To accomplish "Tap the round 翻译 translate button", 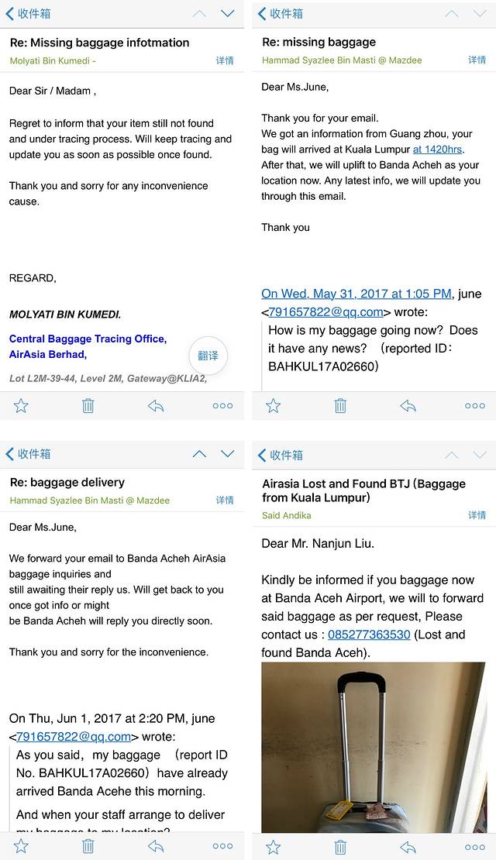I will (x=208, y=356).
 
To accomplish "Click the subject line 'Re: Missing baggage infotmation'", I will (x=99, y=43).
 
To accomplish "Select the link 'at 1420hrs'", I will (x=438, y=149).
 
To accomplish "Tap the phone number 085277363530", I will (x=369, y=635).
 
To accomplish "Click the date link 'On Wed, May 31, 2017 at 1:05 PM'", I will (x=356, y=294).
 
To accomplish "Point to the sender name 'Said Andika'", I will (x=287, y=515).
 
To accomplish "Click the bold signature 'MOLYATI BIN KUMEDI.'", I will (x=65, y=315).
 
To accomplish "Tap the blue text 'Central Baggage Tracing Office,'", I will (x=88, y=339).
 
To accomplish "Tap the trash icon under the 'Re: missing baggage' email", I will (x=340, y=405).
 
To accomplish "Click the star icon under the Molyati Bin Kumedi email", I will (x=21, y=405).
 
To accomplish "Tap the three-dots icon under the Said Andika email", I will (x=475, y=847).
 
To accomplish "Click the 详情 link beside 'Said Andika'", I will (x=477, y=515).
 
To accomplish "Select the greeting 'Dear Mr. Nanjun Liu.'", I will (x=319, y=543).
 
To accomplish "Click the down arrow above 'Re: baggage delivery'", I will (x=227, y=454).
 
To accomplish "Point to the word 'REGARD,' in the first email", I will (x=33, y=277).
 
